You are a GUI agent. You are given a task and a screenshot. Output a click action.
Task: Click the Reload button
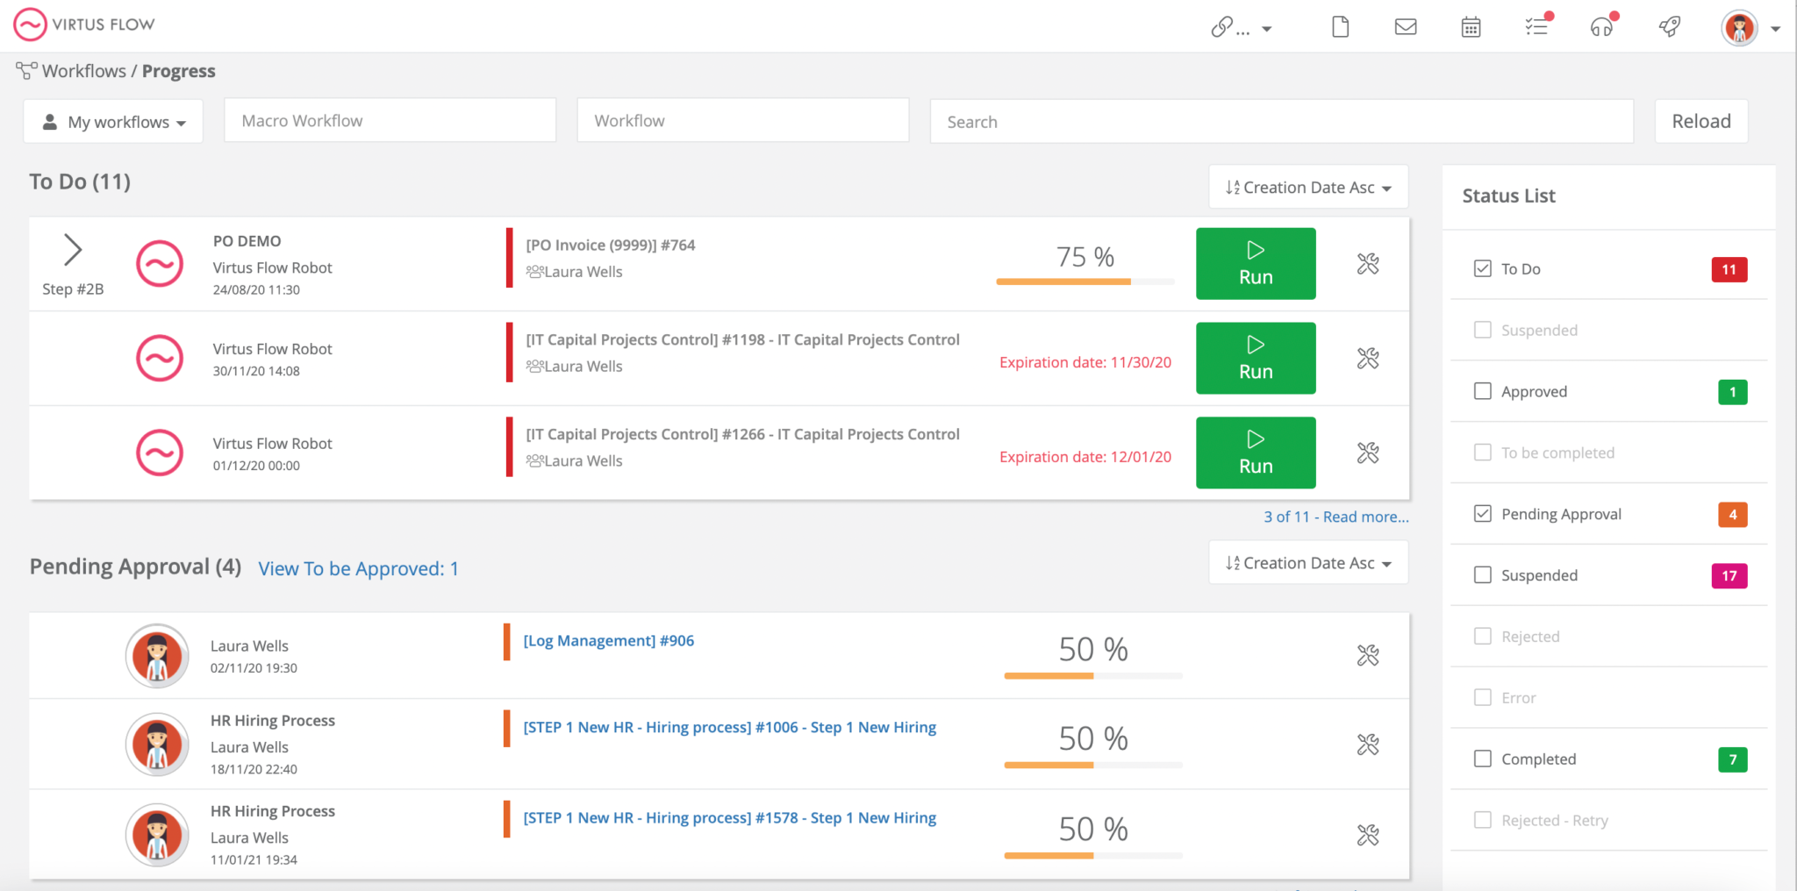(1700, 121)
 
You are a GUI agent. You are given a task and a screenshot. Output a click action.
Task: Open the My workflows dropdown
(113, 122)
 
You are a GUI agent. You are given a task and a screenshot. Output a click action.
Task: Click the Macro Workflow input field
(390, 121)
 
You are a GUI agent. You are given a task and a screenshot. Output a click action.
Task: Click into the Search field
(1281, 122)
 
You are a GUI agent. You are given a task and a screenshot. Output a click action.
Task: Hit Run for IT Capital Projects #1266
(1255, 453)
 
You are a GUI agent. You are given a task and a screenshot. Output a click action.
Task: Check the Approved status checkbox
(1483, 391)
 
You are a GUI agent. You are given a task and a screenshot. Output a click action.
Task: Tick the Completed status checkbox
(1483, 759)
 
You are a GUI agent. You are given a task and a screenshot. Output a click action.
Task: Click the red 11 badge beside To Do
(1729, 269)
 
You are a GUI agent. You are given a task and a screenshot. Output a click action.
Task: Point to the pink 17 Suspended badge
(1729, 576)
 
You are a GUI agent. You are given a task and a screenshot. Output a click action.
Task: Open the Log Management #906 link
(608, 641)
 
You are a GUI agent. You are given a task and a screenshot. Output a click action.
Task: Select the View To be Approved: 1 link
(358, 569)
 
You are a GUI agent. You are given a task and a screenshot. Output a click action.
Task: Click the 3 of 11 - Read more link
(1335, 517)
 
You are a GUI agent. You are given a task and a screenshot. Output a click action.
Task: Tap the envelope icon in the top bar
(1406, 27)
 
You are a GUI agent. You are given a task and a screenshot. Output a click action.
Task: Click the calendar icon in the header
(1471, 27)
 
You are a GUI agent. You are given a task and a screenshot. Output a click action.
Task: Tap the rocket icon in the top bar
(1669, 27)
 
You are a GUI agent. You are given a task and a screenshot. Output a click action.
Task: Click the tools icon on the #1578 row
(1368, 835)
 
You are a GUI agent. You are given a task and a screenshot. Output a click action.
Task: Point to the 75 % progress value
(1085, 257)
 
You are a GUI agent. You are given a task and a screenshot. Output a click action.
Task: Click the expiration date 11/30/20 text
(1085, 362)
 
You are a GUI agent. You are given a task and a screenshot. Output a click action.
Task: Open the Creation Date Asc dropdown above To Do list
(1308, 188)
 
